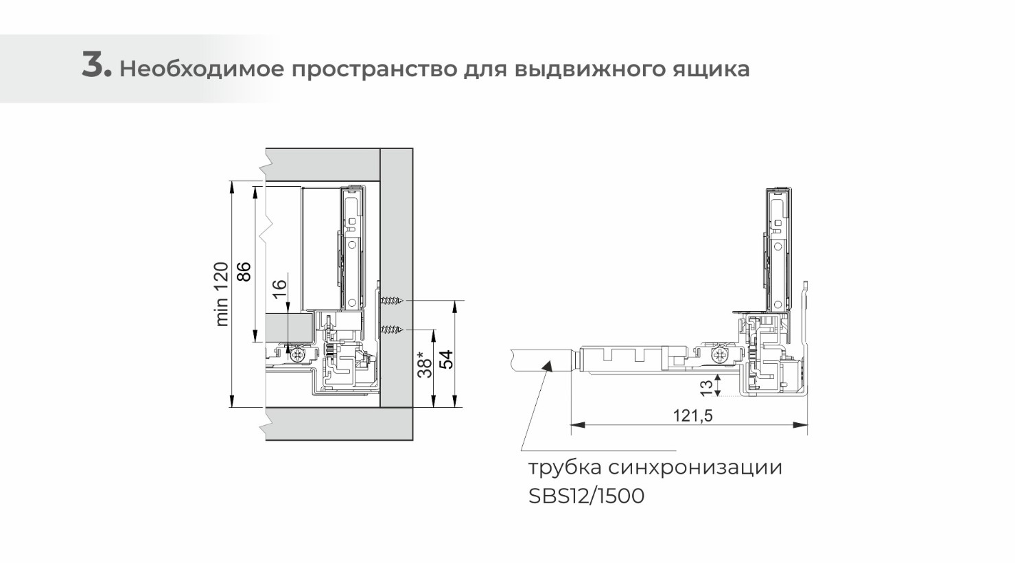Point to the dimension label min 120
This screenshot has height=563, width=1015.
tap(222, 294)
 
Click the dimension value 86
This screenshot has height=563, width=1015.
tap(244, 271)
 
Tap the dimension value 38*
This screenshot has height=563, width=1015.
tap(425, 364)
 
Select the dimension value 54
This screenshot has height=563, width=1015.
tap(446, 360)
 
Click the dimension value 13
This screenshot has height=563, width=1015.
tap(706, 389)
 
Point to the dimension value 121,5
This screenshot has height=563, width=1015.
tap(693, 415)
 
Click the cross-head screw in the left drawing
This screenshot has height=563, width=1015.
tap(298, 355)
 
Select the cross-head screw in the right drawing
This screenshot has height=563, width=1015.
tap(719, 356)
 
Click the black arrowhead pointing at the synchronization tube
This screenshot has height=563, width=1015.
tap(547, 365)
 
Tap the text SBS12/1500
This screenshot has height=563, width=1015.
tap(586, 496)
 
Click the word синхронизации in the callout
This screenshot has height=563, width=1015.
tap(695, 468)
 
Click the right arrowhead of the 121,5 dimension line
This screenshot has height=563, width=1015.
tap(800, 425)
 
